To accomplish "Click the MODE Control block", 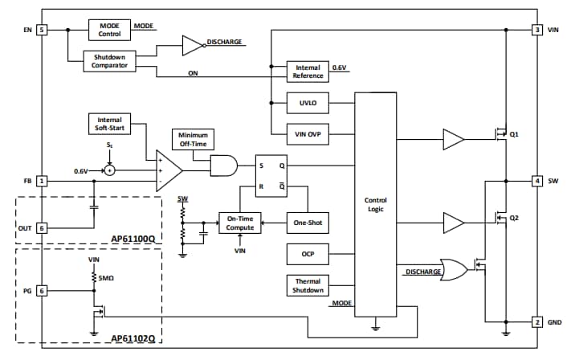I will tap(109, 30).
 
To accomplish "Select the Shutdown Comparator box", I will tap(109, 62).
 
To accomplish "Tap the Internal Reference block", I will tap(308, 72).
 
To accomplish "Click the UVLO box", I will tap(308, 103).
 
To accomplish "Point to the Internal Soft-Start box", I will tap(109, 124).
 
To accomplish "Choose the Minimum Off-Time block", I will tap(193, 139).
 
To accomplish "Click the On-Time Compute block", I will tap(240, 223).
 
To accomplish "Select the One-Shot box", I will tap(308, 223).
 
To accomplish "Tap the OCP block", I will tap(308, 255).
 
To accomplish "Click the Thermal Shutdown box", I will tap(308, 285).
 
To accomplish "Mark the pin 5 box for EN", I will tap(42, 30).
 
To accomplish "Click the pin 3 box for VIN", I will tap(536, 30).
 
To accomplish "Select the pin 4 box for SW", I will tap(536, 181).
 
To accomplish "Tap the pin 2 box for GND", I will tap(536, 322).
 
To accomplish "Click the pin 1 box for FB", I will tap(42, 181).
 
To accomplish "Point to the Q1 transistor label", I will tap(514, 134).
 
